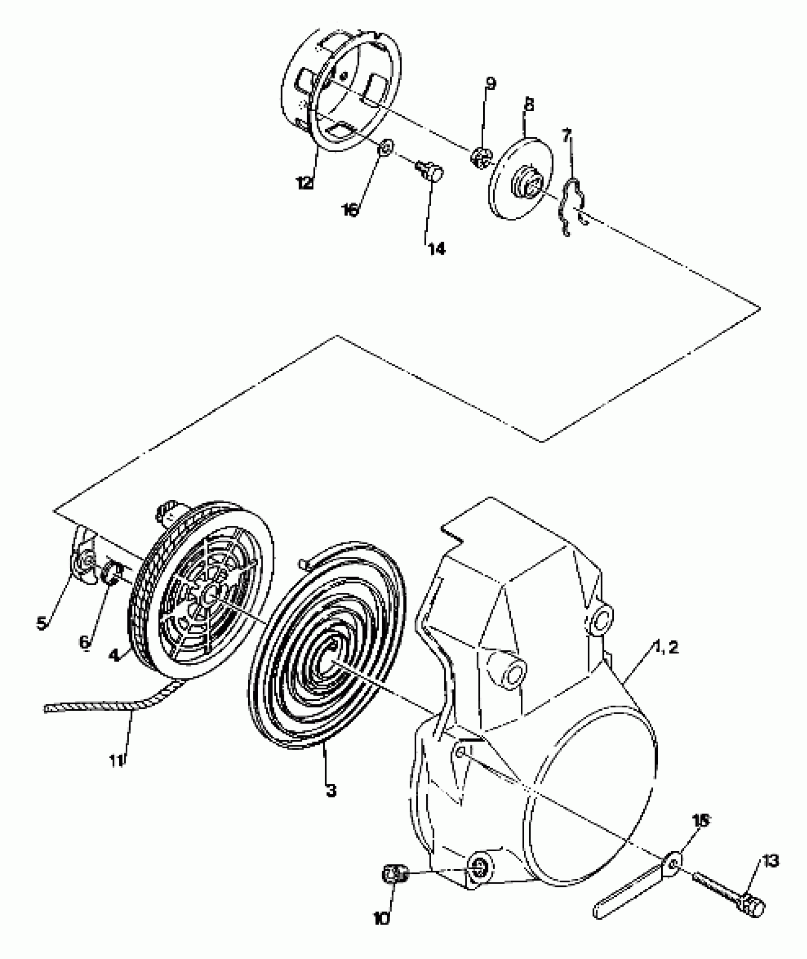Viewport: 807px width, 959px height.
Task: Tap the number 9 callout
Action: click(x=490, y=84)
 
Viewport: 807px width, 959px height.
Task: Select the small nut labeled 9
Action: click(x=480, y=158)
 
